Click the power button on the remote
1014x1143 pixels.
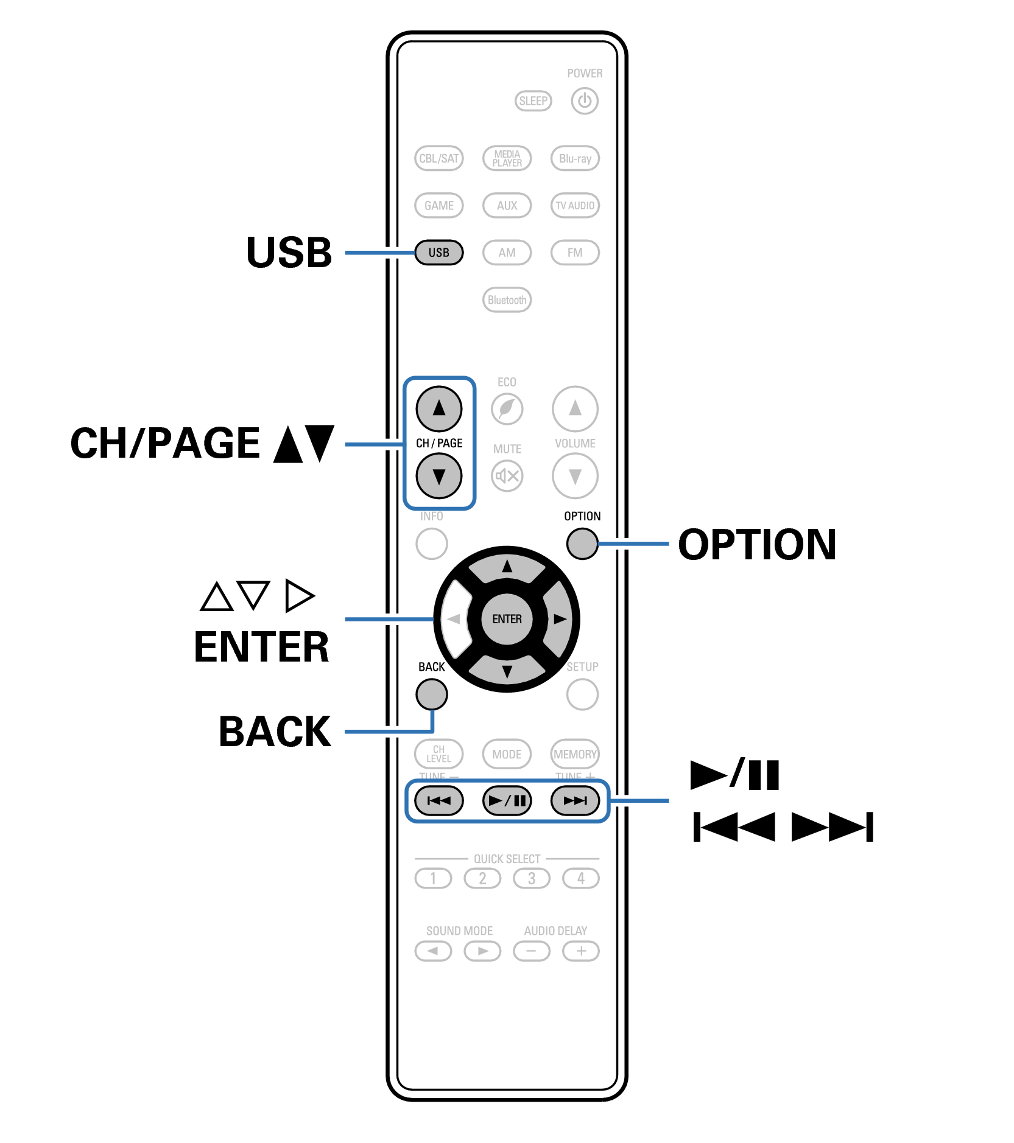[584, 100]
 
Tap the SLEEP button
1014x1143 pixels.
[533, 100]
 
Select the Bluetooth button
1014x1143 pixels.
[507, 299]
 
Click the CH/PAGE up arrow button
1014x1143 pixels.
[438, 408]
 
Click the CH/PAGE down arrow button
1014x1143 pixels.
[438, 476]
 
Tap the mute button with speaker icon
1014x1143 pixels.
[507, 476]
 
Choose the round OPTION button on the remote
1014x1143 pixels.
[582, 544]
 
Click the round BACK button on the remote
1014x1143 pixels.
[431, 694]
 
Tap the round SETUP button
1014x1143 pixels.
[582, 694]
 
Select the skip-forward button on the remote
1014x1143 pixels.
[575, 800]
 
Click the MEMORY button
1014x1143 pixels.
[575, 754]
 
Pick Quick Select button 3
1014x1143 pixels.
[532, 878]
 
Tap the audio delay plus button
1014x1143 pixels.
[581, 951]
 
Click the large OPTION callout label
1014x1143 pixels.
[757, 544]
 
